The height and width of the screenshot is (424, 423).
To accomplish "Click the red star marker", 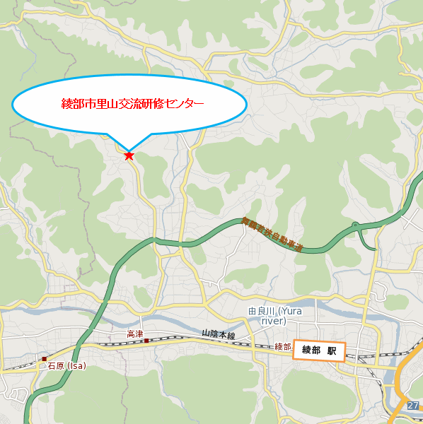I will click(129, 155).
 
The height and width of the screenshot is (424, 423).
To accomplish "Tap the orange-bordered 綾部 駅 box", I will click(319, 350).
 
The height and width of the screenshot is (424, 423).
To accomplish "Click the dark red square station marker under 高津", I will click(146, 341).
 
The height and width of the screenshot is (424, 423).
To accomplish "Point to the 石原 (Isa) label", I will click(66, 366).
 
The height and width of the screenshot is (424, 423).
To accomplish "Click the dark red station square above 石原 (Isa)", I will click(44, 358).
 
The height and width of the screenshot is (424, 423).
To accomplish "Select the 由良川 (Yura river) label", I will click(275, 316).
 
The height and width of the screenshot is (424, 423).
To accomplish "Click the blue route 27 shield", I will click(413, 405).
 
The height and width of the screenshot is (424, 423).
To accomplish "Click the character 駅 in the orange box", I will click(331, 350).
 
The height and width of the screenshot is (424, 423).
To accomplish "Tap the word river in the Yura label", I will click(273, 321).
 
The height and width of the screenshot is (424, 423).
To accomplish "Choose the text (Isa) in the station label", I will click(75, 366).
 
